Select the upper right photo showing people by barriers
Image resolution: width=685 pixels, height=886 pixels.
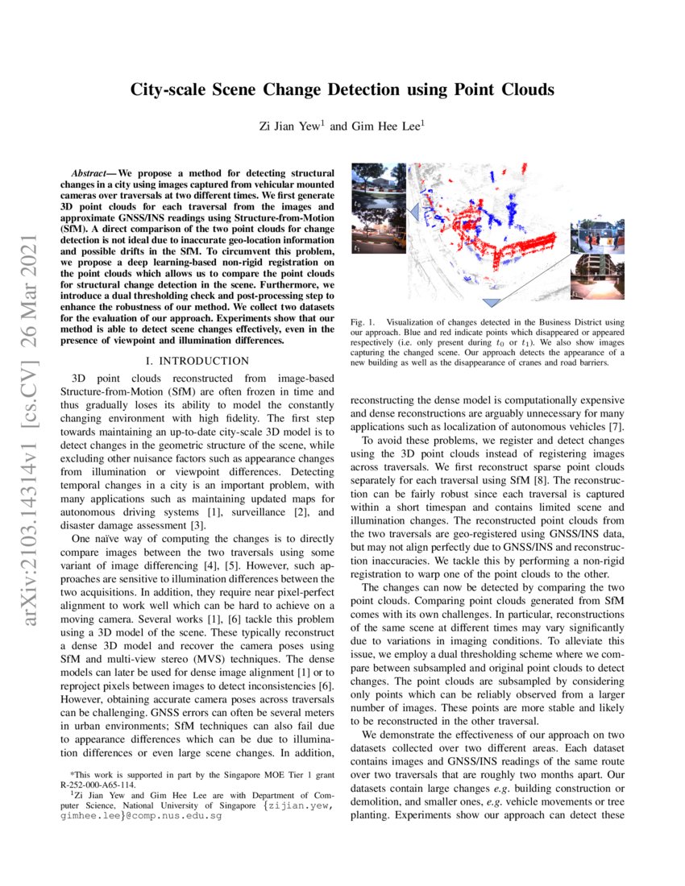pyautogui.click(x=594, y=234)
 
